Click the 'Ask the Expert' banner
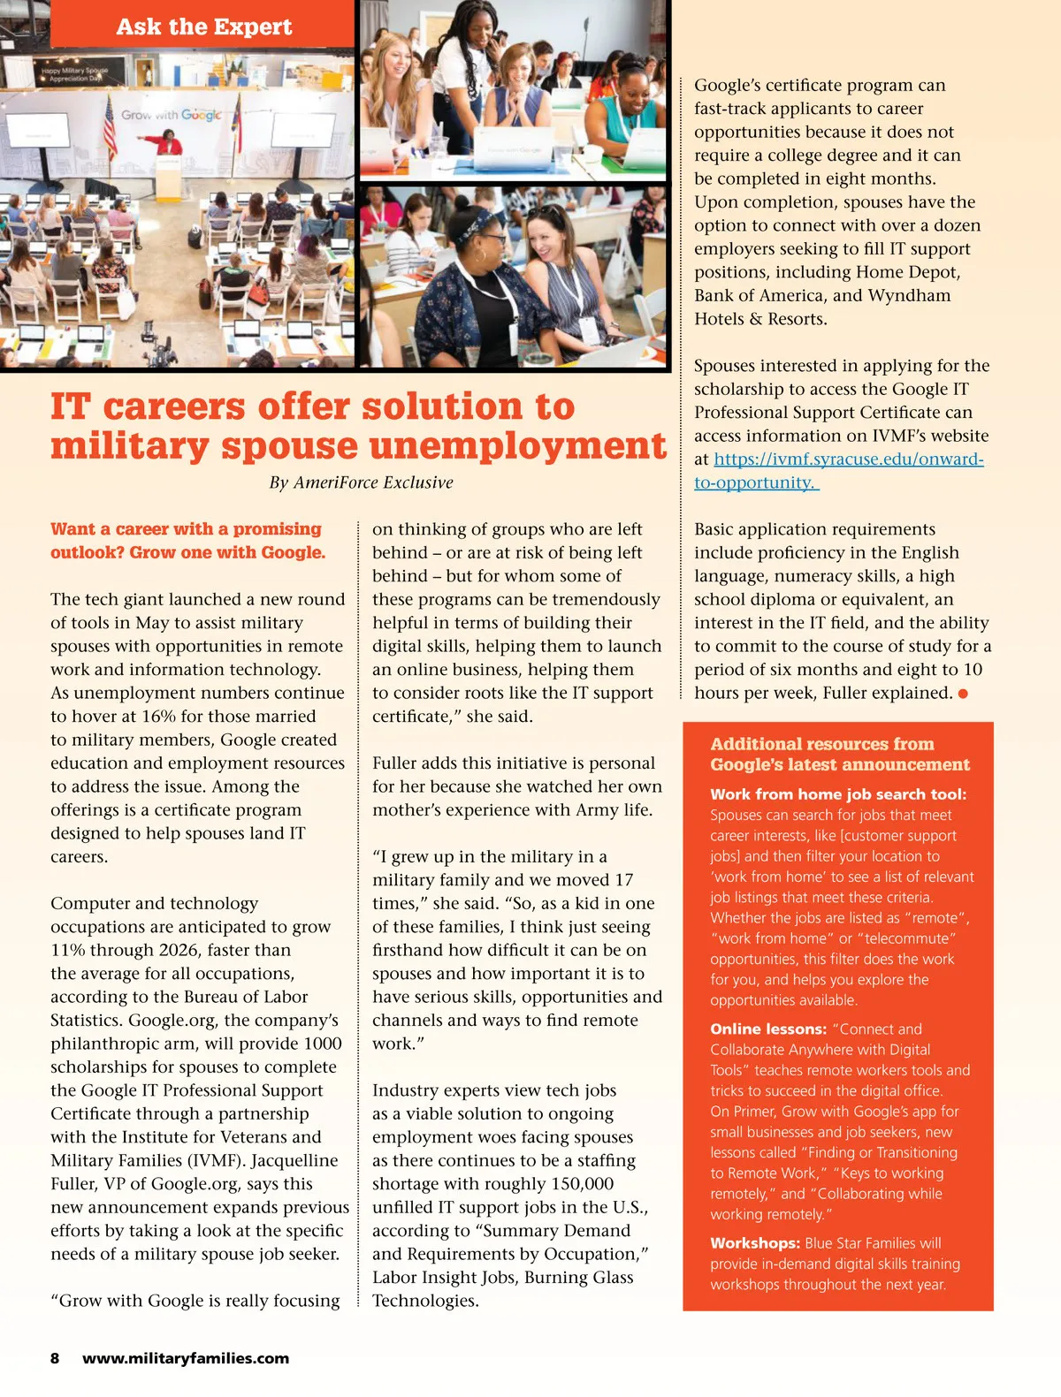coord(203,27)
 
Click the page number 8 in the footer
coord(55,1358)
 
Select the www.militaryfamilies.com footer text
coord(186,1358)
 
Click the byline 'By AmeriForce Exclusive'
coord(361,482)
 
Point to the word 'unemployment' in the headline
coord(517,445)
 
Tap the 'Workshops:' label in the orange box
coord(755,1243)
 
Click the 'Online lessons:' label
coord(768,1029)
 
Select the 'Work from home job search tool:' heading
coord(838,794)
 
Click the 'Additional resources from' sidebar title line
coord(822,744)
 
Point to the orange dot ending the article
coord(963,694)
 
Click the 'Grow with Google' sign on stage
coord(172,115)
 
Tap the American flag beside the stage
coord(110,128)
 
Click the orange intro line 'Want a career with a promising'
coord(186,529)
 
